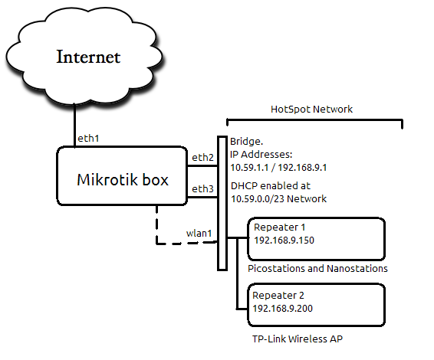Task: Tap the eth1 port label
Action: click(x=88, y=139)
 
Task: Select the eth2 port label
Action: click(x=202, y=157)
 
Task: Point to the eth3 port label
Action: click(x=202, y=188)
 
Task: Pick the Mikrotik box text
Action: click(x=123, y=180)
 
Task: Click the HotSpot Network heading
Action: click(x=312, y=110)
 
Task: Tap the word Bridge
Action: click(x=247, y=142)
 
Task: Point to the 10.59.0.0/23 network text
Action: click(x=258, y=199)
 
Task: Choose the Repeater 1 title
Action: click(x=279, y=227)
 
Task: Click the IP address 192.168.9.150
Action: click(x=284, y=241)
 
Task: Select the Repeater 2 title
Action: click(x=279, y=295)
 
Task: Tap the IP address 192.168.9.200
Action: click(x=284, y=308)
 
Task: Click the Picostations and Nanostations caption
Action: click(x=317, y=269)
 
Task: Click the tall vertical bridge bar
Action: click(x=222, y=203)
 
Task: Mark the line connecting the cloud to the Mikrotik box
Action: click(x=74, y=123)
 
